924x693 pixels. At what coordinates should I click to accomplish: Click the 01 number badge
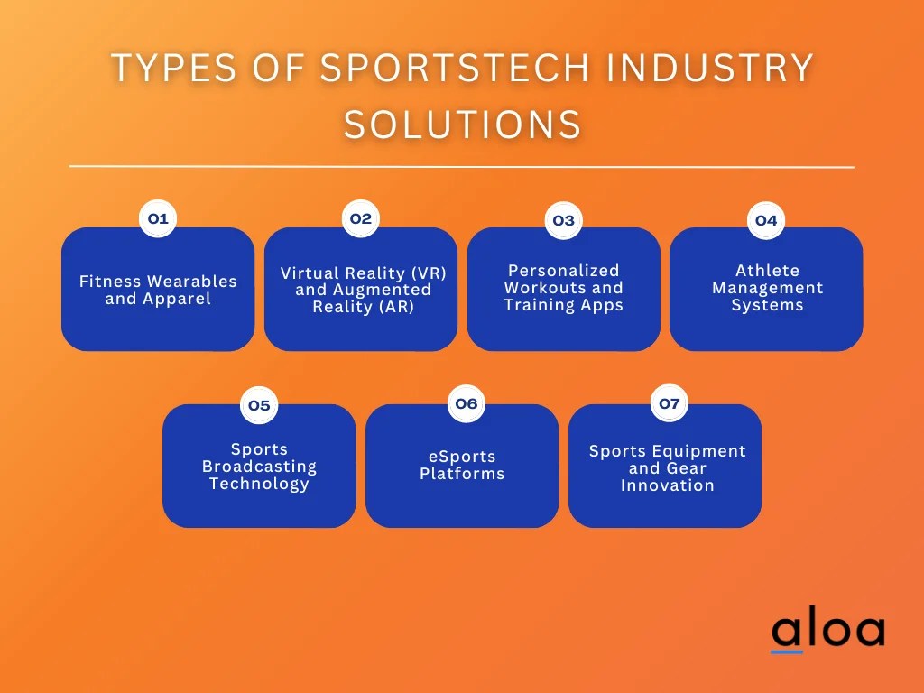(158, 218)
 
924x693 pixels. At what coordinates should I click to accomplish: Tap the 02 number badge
(361, 218)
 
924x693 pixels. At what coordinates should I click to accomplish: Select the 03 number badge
(563, 220)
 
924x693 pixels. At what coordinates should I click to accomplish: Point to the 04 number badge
(766, 220)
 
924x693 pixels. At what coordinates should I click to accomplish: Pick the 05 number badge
(259, 405)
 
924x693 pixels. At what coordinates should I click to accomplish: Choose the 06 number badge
(466, 403)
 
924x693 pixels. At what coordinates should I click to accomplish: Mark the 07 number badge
(669, 403)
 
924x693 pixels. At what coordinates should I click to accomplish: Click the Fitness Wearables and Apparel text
(158, 290)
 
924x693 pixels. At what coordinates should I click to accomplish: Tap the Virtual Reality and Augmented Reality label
(363, 290)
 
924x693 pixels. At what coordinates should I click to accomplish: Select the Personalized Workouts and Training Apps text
(564, 288)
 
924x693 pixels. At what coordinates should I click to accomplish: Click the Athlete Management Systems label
(767, 288)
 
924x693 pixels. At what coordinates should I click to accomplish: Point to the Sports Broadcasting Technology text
(259, 467)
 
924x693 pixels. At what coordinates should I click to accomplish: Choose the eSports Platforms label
(462, 465)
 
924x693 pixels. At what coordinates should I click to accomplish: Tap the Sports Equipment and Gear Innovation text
(668, 468)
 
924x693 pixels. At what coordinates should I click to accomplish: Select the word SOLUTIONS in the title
(462, 124)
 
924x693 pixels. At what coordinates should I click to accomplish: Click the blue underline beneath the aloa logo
(787, 651)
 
